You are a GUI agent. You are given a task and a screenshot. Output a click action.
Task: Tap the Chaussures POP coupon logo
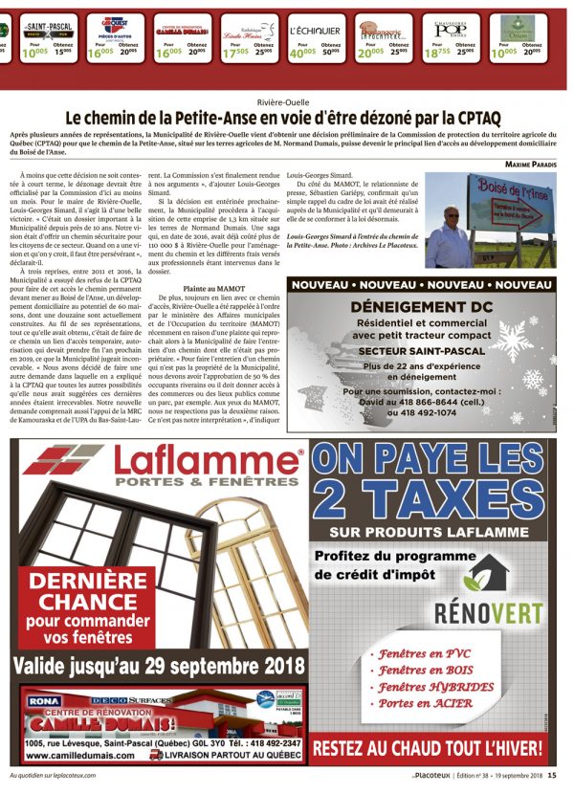453,29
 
